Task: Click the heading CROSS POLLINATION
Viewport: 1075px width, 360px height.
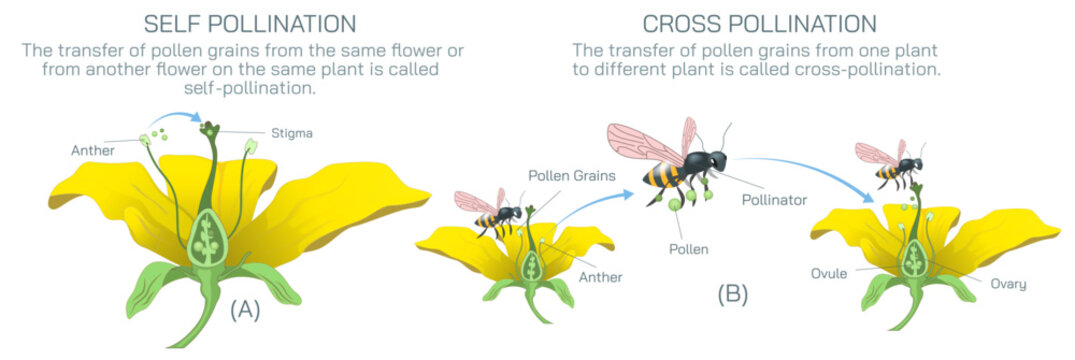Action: (x=760, y=23)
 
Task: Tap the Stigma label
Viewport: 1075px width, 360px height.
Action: (x=289, y=132)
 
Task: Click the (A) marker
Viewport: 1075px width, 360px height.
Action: (x=245, y=310)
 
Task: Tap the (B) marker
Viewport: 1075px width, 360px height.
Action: (x=731, y=294)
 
